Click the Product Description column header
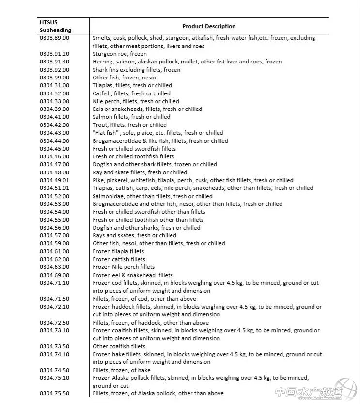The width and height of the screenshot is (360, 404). click(x=209, y=26)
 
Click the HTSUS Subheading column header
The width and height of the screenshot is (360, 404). click(x=55, y=26)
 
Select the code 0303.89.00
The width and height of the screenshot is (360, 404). click(x=54, y=38)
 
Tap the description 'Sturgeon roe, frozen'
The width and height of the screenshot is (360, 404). click(x=120, y=54)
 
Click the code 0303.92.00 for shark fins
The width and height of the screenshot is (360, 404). click(x=54, y=70)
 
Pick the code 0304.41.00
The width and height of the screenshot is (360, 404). click(x=54, y=117)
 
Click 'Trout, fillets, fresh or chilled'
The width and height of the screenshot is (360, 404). click(x=129, y=125)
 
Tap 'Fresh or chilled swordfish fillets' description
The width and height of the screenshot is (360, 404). click(x=134, y=149)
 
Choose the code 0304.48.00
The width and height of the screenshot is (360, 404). click(x=54, y=172)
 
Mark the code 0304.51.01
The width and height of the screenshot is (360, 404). click(x=54, y=188)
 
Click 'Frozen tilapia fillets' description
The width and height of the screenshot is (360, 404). click(x=118, y=251)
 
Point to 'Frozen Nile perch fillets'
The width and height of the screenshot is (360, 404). click(x=124, y=267)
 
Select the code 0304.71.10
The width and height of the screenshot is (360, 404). click(x=54, y=283)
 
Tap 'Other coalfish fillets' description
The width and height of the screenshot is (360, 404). click(x=119, y=346)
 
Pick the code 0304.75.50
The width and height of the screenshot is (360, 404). click(x=54, y=394)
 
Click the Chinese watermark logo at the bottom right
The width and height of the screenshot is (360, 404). click(x=315, y=391)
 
